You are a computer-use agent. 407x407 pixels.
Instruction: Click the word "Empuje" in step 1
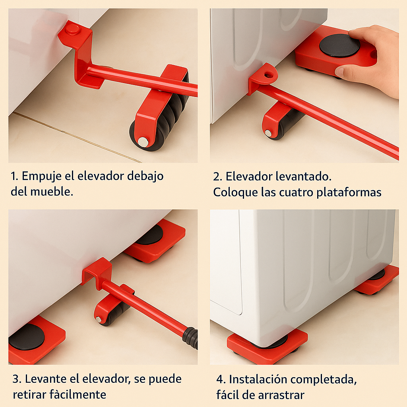[42, 176]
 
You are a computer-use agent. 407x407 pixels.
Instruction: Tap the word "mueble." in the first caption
[52, 192]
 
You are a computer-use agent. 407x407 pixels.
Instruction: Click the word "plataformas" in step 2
[349, 193]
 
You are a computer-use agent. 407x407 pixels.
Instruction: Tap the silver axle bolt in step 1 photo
[143, 142]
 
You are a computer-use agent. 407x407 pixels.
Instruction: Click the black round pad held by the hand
[339, 45]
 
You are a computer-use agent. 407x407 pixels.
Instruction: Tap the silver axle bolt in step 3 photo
[99, 319]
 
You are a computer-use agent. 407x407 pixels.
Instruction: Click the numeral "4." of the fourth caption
[221, 380]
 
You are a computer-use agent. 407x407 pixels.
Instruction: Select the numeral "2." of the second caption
[217, 177]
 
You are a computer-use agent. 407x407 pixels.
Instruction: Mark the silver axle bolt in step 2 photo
[268, 133]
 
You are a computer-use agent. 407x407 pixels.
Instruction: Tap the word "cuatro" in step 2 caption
[296, 193]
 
